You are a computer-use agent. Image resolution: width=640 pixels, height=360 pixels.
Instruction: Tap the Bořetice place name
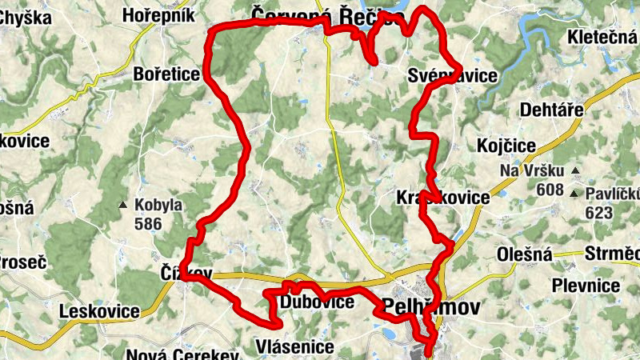coord(169,74)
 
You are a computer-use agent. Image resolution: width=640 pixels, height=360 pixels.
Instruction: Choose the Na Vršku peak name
coord(532,171)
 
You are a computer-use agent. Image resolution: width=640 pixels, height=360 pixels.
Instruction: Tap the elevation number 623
coord(598,213)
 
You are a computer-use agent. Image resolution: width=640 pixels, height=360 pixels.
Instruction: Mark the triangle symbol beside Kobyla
coord(123,206)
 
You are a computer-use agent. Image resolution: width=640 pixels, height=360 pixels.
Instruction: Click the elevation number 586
coord(148,224)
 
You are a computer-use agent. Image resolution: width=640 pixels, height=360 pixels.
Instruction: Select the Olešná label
coord(525,255)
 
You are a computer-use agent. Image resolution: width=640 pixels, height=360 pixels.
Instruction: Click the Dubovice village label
coord(318,302)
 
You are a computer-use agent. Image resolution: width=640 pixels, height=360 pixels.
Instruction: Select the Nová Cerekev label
coord(183,354)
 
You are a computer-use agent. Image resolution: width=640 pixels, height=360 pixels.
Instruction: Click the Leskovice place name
coord(100,311)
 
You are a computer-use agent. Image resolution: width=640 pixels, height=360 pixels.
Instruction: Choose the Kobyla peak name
coord(158,205)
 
